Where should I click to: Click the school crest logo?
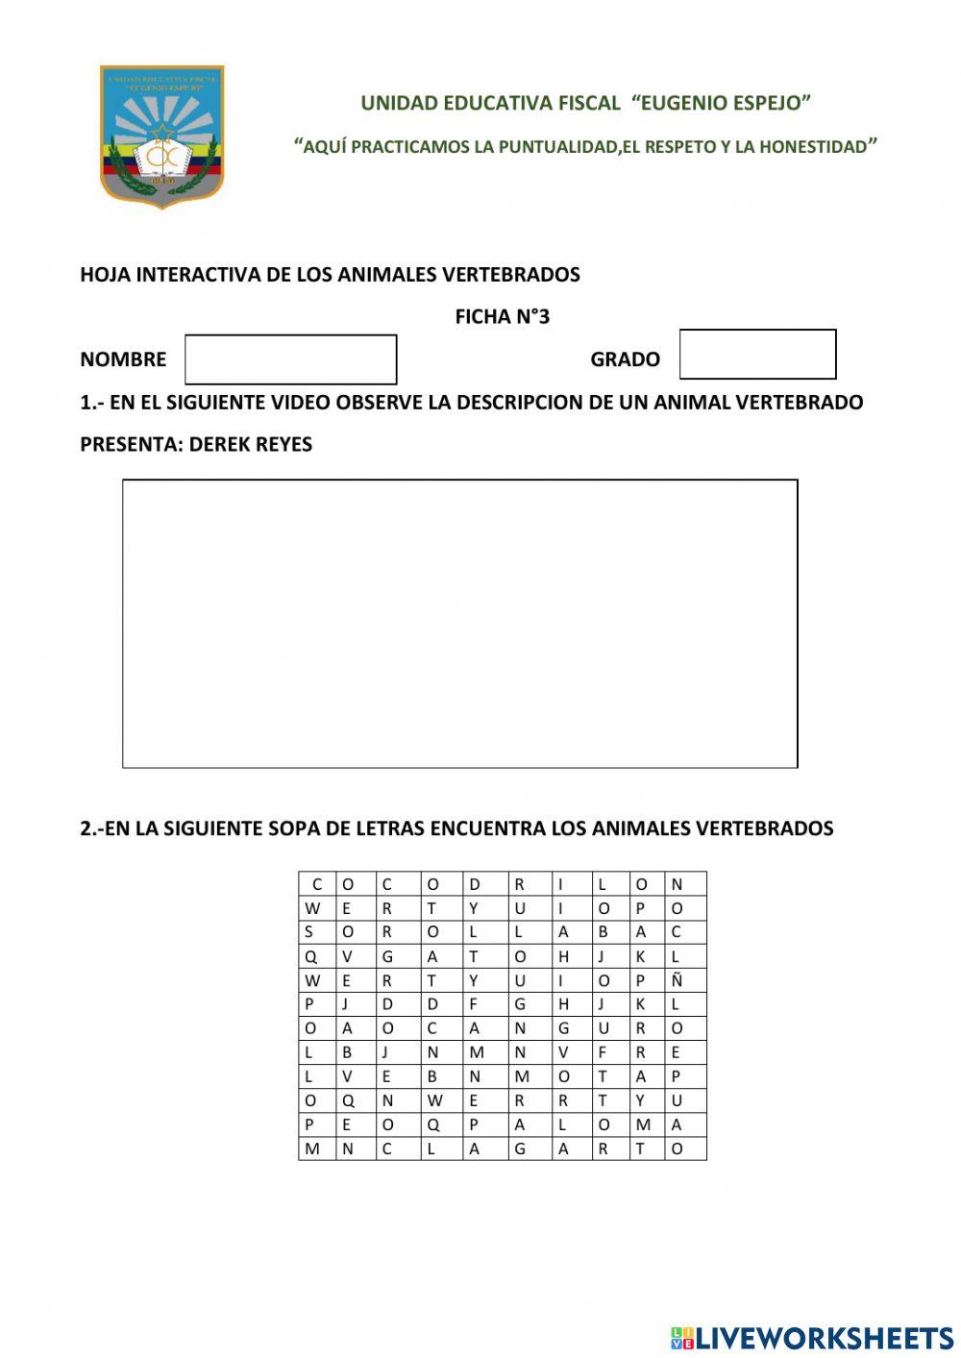click(x=161, y=136)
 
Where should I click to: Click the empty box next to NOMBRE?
click(x=290, y=359)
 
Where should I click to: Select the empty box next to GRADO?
click(x=757, y=355)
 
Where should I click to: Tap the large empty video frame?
click(x=459, y=623)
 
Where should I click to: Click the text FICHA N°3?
click(x=502, y=317)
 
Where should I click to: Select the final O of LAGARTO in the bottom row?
click(x=676, y=1149)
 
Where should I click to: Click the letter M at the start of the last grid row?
click(x=312, y=1149)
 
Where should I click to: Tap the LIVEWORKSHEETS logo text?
click(x=823, y=1338)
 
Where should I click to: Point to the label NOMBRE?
click(x=123, y=359)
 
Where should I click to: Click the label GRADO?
click(x=625, y=359)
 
